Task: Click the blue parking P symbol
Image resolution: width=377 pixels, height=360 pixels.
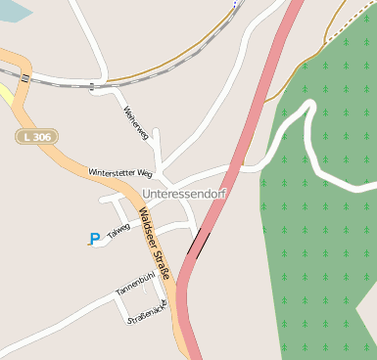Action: tap(94, 238)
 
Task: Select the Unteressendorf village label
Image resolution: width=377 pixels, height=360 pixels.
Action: tap(185, 194)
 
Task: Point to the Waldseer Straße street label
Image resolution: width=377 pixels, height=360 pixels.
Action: tap(154, 245)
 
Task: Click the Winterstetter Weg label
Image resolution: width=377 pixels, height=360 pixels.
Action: tap(120, 172)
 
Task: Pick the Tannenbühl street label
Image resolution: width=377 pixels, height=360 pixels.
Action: tap(136, 285)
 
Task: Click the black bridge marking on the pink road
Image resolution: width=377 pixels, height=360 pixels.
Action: tap(199, 244)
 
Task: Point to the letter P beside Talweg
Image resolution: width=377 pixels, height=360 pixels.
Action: tap(94, 238)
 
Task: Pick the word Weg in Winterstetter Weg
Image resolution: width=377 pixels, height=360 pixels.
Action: tap(145, 172)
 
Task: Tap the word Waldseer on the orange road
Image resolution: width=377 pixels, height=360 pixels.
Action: tap(147, 226)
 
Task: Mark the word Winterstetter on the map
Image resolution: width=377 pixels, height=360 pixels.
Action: tap(112, 172)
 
